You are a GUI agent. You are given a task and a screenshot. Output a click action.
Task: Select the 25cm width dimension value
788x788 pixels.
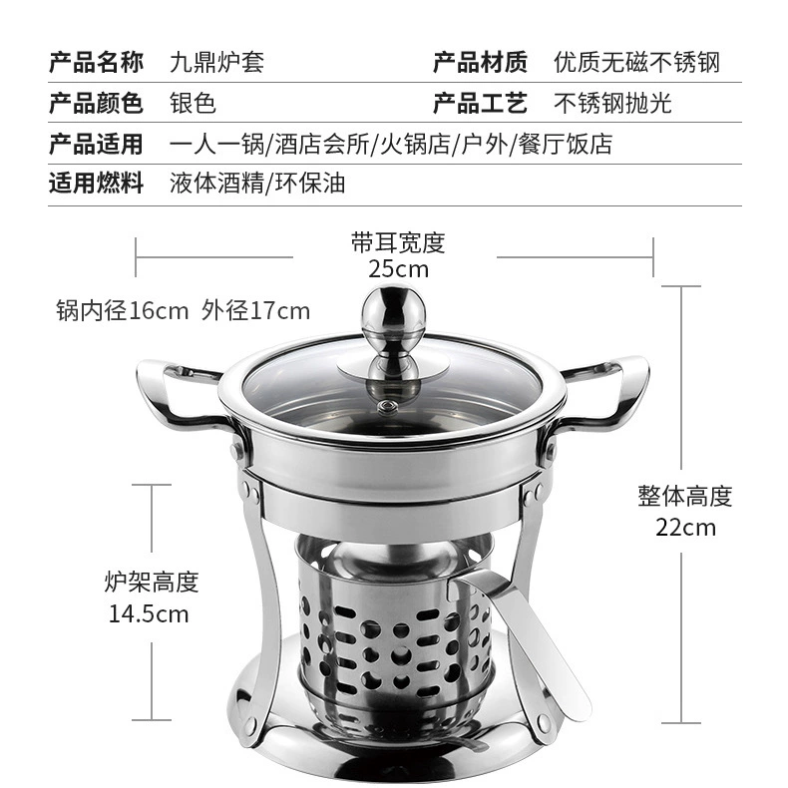399,269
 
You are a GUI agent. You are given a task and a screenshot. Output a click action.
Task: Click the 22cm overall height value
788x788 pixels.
685,528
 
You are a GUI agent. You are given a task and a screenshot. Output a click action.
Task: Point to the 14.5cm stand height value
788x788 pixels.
149,614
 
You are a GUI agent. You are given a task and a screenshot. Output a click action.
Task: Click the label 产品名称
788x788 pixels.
96,62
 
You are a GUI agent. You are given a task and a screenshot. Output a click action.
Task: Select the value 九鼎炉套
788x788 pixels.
216,63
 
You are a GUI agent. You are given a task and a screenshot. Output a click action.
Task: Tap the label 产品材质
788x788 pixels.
480,62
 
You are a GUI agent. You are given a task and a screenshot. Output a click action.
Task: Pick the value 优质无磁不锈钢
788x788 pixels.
636,63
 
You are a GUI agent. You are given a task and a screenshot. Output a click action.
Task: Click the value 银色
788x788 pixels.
193,104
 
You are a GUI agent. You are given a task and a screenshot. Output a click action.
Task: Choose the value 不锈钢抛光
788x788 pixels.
612,104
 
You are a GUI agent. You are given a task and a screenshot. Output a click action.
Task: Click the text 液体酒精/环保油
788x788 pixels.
257,184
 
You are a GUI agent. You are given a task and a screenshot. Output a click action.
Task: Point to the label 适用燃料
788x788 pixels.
96,183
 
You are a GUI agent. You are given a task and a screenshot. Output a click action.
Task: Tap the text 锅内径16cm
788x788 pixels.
122,310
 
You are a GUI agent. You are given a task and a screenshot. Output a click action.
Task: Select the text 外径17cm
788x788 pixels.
255,310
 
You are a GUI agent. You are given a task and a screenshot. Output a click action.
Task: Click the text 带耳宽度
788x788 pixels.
398,242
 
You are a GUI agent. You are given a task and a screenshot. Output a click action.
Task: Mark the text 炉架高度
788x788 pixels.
152,582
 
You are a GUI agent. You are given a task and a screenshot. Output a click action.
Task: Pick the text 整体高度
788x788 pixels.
685,496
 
